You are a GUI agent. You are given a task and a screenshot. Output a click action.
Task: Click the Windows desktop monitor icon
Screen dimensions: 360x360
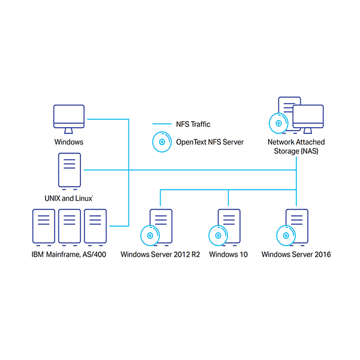tap(69, 118)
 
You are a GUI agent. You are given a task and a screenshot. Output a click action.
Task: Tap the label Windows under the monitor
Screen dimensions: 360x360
tap(69, 142)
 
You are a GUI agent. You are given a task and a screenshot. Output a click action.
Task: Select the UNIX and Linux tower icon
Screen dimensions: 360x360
tap(69, 170)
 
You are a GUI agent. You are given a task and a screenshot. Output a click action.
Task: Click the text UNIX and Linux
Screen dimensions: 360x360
tap(68, 197)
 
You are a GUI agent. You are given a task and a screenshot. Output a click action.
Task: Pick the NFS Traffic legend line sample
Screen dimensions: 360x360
tap(161, 124)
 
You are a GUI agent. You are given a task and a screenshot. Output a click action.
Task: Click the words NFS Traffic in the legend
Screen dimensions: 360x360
tap(193, 124)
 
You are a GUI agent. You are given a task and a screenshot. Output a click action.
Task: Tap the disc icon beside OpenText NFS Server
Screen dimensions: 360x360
tap(161, 143)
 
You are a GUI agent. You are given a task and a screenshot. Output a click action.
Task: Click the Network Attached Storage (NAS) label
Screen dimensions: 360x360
tap(296, 146)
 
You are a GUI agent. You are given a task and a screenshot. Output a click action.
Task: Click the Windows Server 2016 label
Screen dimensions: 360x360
tap(296, 254)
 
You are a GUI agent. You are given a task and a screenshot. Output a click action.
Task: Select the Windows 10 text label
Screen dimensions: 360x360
tap(228, 254)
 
